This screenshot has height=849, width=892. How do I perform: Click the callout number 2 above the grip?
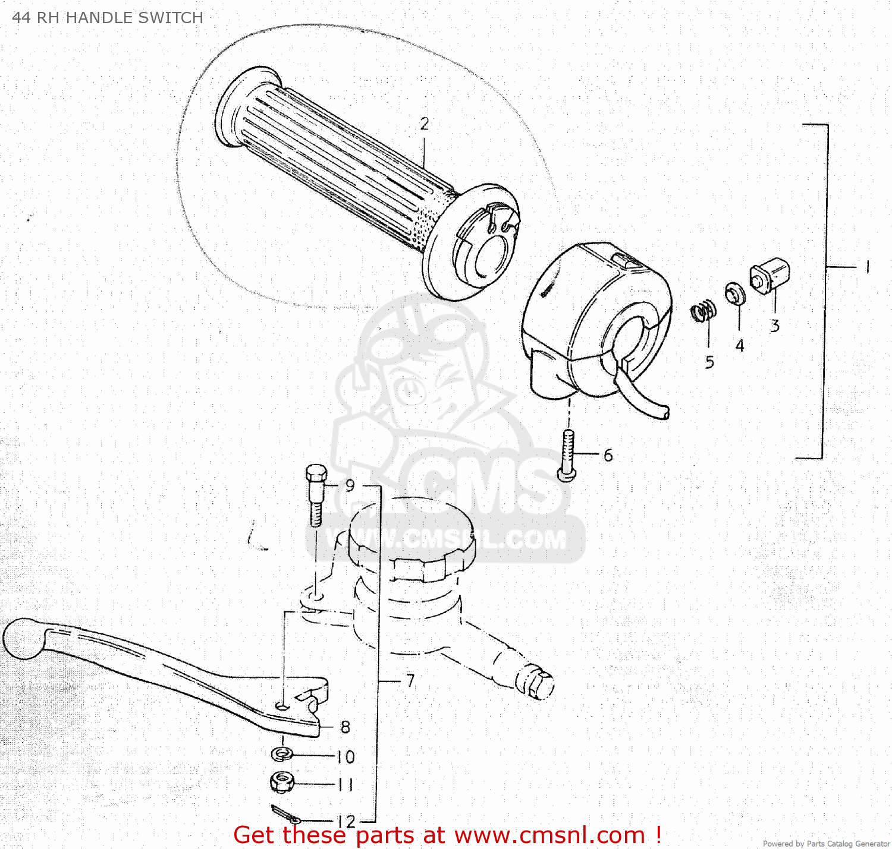tap(425, 124)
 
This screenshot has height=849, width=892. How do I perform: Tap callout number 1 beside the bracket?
tap(868, 267)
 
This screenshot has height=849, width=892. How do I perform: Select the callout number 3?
tap(775, 326)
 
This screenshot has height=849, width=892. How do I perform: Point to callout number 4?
tap(740, 345)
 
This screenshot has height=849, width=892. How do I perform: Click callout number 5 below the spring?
tap(709, 362)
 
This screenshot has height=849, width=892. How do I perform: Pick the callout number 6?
tap(608, 455)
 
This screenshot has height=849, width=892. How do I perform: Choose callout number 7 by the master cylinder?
tap(410, 680)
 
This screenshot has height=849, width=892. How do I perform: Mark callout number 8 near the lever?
tap(346, 727)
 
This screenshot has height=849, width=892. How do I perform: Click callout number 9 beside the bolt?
tap(350, 485)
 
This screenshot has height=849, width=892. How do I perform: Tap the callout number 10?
tap(346, 757)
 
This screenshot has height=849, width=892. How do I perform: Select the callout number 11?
tap(346, 785)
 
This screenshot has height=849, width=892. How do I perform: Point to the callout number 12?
tap(346, 821)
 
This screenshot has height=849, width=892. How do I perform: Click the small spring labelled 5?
tap(703, 311)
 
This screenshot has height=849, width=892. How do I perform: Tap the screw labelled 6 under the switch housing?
tap(568, 455)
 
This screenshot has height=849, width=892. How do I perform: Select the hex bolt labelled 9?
tap(316, 493)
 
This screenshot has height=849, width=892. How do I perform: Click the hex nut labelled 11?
tap(281, 782)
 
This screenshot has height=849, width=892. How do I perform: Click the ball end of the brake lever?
tap(23, 639)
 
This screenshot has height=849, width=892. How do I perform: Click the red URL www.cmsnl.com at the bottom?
tap(549, 835)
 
